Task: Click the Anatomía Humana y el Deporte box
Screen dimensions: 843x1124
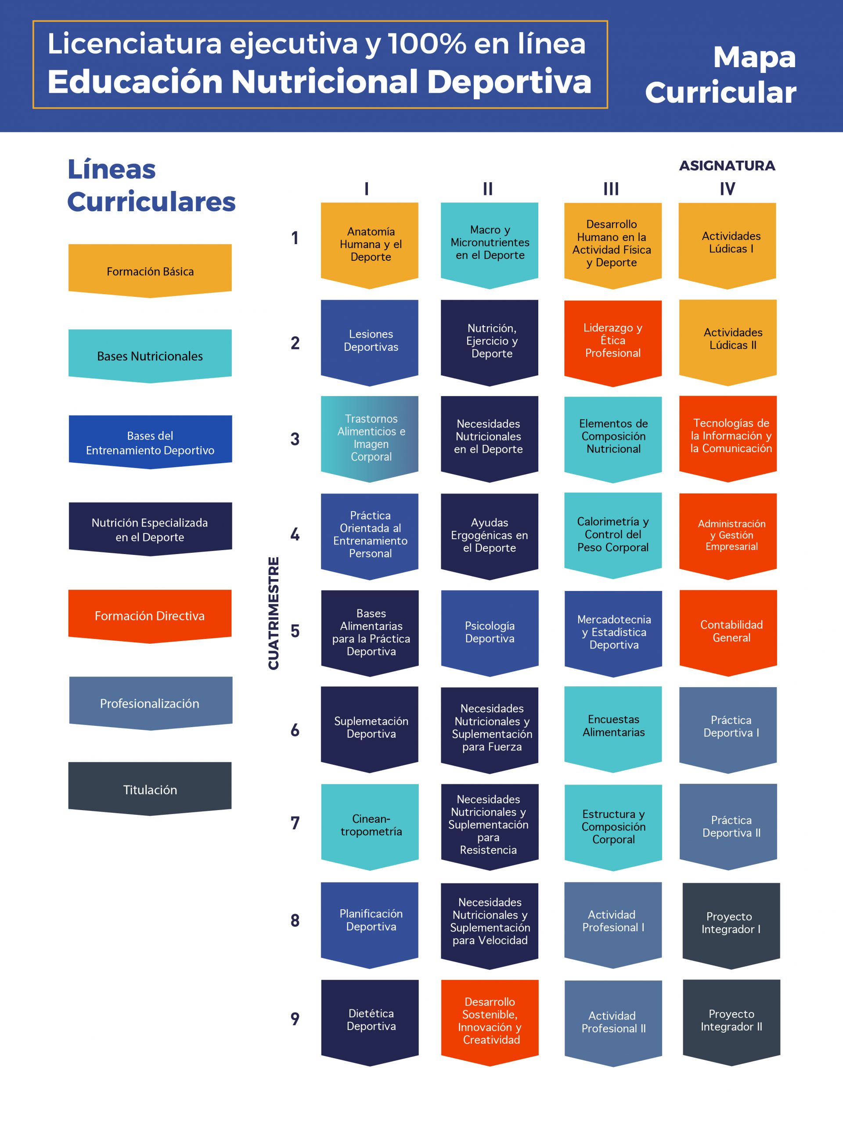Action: pos(369,245)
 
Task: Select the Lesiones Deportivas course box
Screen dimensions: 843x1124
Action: pos(369,342)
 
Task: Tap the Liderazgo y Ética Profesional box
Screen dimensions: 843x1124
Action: pos(613,342)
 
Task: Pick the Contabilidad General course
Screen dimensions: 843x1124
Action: pos(728,633)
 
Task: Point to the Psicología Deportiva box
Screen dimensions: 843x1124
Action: pos(490,633)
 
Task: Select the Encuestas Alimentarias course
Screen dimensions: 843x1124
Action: pos(613,729)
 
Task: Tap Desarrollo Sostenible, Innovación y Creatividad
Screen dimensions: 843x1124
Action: pos(490,1023)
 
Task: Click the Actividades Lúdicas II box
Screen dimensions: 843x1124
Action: pos(728,342)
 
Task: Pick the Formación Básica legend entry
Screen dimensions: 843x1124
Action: pos(150,271)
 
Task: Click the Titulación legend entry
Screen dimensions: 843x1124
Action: pos(150,789)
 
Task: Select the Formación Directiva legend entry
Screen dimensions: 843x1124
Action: pos(150,616)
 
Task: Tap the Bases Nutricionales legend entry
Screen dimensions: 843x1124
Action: pos(150,356)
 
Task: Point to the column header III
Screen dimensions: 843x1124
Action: pos(611,189)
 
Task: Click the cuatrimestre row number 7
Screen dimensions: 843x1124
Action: pos(295,823)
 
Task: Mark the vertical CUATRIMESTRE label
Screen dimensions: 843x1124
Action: pos(274,613)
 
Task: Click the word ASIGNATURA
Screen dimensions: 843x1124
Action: pos(727,166)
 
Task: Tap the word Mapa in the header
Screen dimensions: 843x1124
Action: pos(755,58)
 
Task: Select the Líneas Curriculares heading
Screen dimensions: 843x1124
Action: pos(151,185)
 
